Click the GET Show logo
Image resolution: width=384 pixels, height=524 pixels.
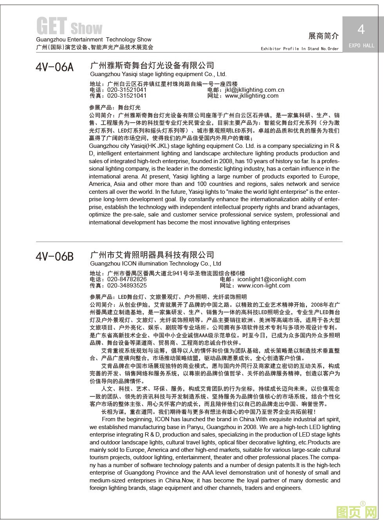(x=69, y=27)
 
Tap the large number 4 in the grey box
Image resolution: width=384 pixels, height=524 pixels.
(x=361, y=29)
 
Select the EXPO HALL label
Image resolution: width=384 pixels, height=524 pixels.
(x=361, y=45)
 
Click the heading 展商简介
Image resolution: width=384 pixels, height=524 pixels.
(x=323, y=36)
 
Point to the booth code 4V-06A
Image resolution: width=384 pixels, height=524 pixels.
(x=54, y=67)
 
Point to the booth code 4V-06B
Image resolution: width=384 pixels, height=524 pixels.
(x=54, y=257)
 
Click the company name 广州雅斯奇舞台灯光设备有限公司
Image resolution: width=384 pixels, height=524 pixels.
(x=152, y=65)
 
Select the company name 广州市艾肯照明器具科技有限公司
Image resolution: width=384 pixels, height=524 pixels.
(x=152, y=255)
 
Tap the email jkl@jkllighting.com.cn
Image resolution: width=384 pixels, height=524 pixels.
(x=254, y=90)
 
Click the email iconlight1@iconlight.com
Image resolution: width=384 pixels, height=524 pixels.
(x=271, y=279)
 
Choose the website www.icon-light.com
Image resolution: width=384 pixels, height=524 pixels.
(x=264, y=286)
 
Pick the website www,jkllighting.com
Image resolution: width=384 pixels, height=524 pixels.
(x=252, y=96)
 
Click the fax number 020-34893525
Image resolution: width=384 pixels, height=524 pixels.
(x=127, y=286)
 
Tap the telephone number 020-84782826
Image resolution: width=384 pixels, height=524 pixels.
(x=127, y=279)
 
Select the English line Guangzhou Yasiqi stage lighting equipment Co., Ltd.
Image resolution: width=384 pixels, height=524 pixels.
(x=158, y=74)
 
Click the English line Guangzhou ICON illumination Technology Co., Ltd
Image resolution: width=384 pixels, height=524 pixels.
(x=155, y=264)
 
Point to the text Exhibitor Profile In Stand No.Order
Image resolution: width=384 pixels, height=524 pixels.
(x=300, y=49)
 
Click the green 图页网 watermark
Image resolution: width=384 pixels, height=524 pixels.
(x=357, y=511)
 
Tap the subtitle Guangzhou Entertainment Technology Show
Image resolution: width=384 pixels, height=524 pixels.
(x=94, y=40)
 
